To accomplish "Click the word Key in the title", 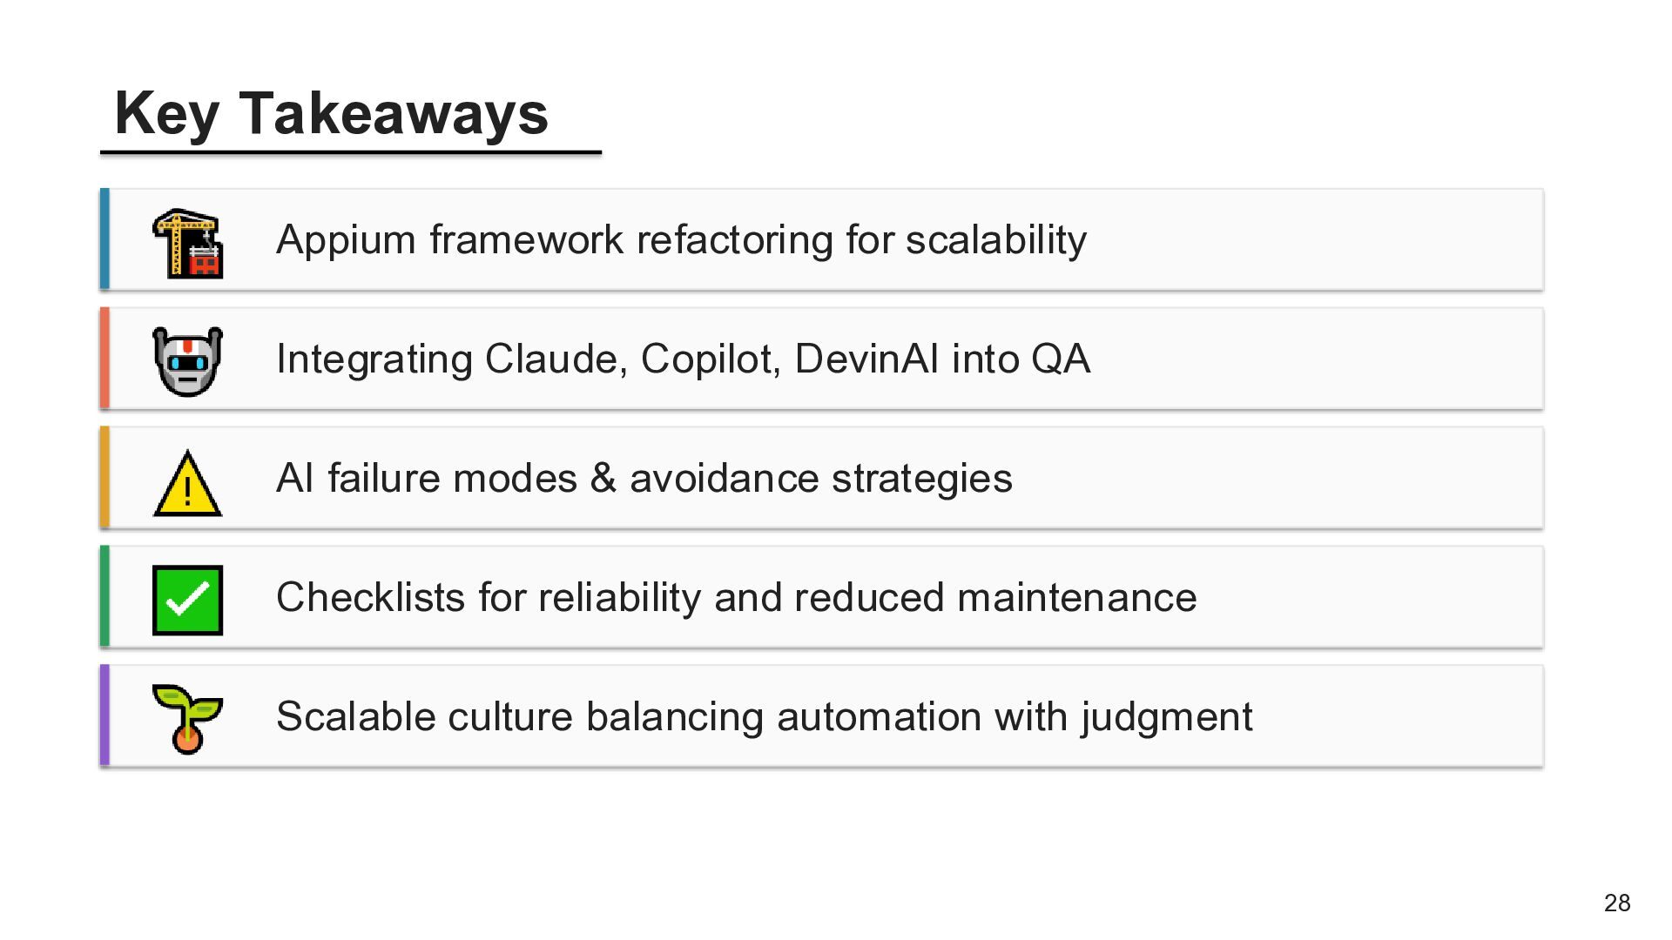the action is tap(166, 114).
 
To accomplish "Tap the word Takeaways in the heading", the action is tap(394, 113).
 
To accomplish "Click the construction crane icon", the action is tap(187, 244).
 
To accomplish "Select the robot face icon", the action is tap(187, 361).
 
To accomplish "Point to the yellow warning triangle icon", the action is tap(187, 483).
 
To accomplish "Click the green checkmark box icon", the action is tap(187, 601).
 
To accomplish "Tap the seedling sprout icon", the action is tap(187, 719).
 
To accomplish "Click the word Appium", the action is tap(346, 241).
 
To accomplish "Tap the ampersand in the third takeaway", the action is tap(603, 479).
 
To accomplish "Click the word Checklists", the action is tap(370, 598).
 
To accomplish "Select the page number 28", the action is tap(1617, 903).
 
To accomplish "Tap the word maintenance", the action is tap(1076, 598).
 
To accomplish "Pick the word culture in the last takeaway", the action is tap(509, 717).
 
